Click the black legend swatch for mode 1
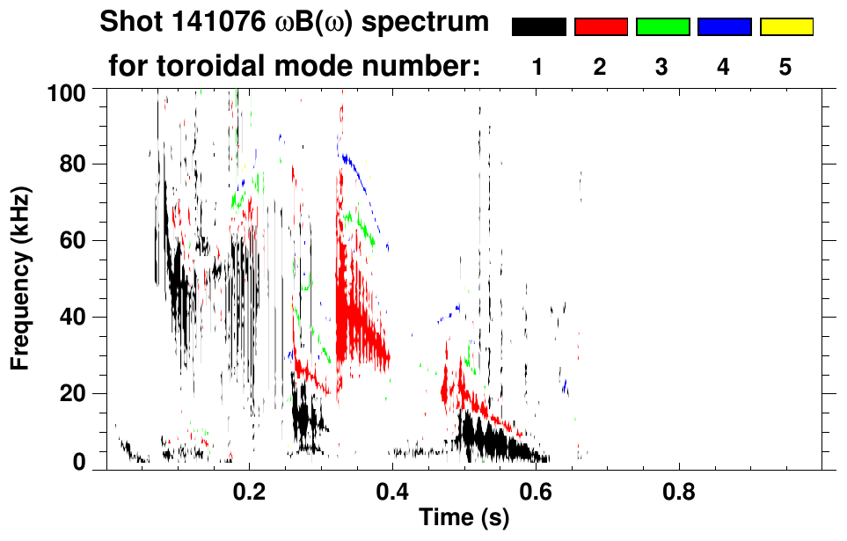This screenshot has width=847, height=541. coord(539,27)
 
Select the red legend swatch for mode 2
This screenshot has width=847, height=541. coord(601,27)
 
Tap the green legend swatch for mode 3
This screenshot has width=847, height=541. coord(662,27)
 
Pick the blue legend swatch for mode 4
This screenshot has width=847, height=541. coord(724,27)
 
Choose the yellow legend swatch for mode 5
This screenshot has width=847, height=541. coord(786,27)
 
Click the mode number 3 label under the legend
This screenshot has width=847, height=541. coord(662,68)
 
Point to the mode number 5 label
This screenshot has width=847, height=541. coord(786,68)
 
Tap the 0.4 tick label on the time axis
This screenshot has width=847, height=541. coord(392,489)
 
